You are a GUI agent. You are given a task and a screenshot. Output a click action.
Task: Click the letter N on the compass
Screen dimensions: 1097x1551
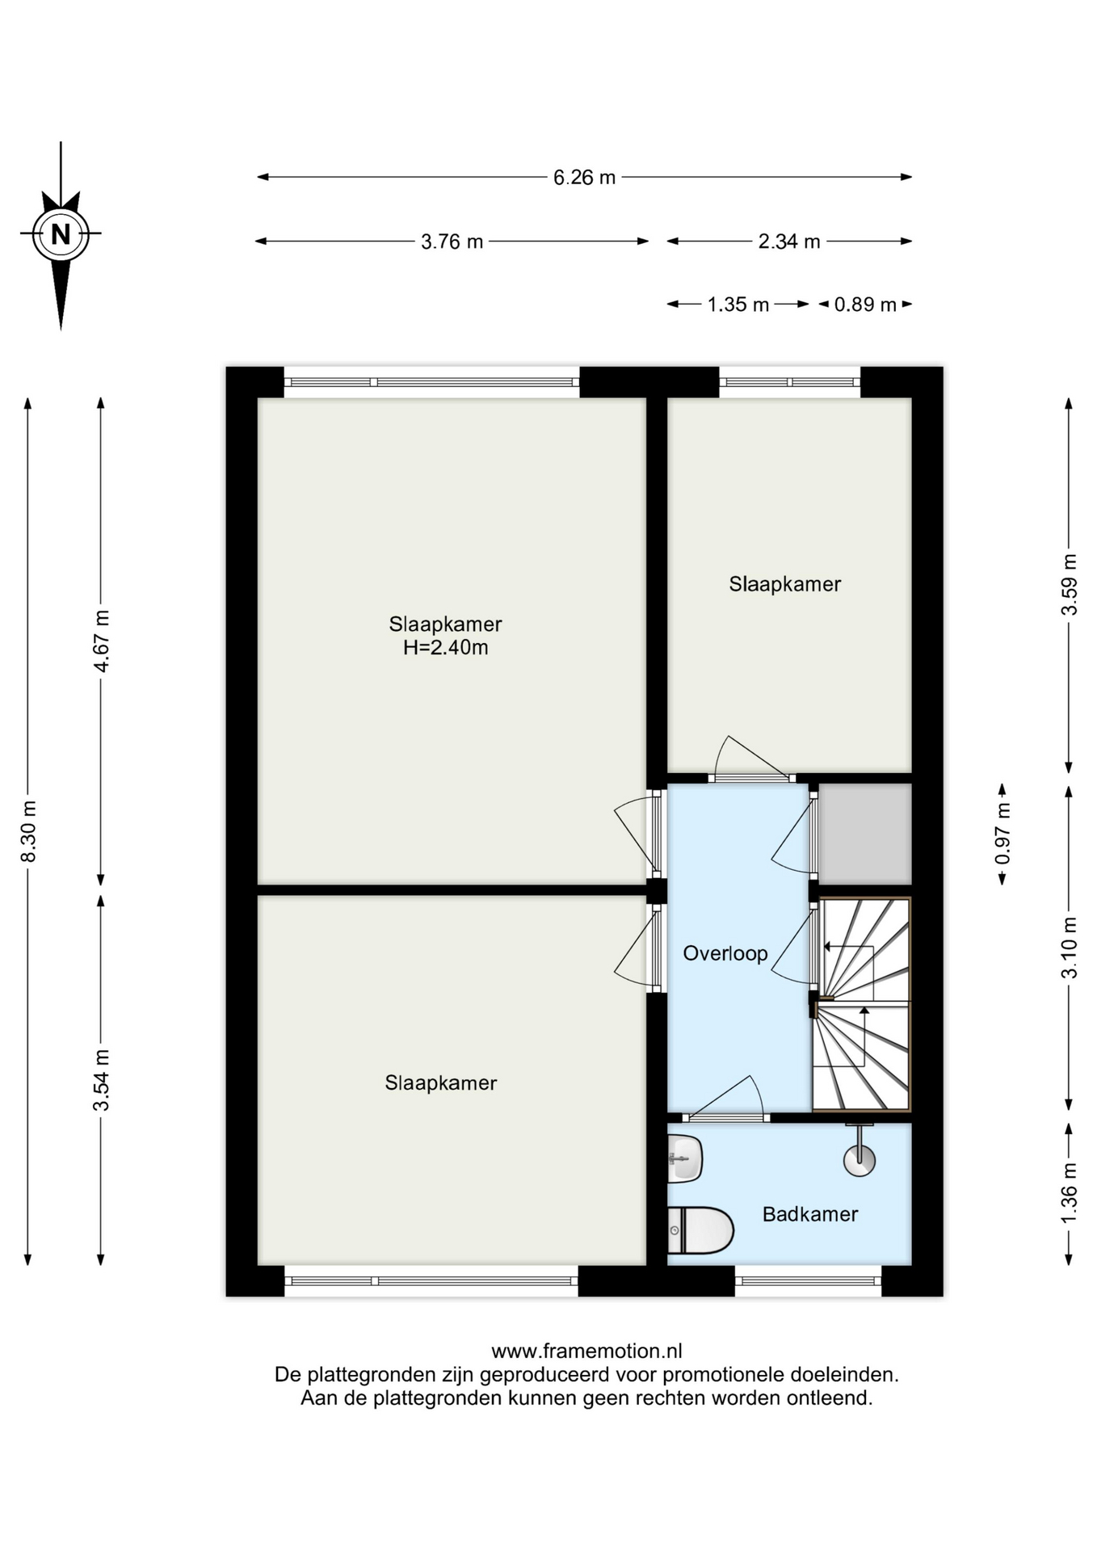(x=61, y=234)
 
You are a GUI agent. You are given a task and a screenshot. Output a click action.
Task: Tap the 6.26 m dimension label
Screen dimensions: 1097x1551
(x=584, y=177)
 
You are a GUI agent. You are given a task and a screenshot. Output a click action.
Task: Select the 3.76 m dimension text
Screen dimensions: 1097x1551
(x=452, y=242)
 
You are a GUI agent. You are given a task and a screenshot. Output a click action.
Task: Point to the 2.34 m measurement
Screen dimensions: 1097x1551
(x=788, y=241)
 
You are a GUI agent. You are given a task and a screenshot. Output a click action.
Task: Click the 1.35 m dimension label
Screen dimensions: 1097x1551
(x=738, y=305)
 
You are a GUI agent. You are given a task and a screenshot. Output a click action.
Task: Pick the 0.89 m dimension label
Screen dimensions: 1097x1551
(x=865, y=305)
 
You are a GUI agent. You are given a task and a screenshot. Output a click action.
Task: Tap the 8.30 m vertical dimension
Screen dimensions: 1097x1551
(x=28, y=831)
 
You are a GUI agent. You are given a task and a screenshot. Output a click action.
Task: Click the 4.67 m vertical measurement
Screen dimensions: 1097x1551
(x=101, y=641)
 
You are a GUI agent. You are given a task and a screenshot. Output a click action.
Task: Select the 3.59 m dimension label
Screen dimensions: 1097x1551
(x=1069, y=584)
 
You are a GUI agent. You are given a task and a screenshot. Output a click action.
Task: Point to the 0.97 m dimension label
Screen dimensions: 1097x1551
(x=1002, y=833)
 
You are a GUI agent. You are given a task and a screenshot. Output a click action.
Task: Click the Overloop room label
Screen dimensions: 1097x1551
(x=725, y=954)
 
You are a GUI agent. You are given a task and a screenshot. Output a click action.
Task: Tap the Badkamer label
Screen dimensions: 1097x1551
(x=810, y=1214)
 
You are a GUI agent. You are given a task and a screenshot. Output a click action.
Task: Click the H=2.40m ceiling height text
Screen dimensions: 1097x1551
(x=446, y=648)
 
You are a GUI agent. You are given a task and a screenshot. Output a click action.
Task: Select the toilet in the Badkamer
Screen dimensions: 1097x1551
(x=700, y=1230)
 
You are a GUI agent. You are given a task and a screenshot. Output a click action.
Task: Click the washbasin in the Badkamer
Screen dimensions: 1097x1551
(x=685, y=1159)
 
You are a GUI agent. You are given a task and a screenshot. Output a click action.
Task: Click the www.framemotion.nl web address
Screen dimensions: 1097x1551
(x=586, y=1351)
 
